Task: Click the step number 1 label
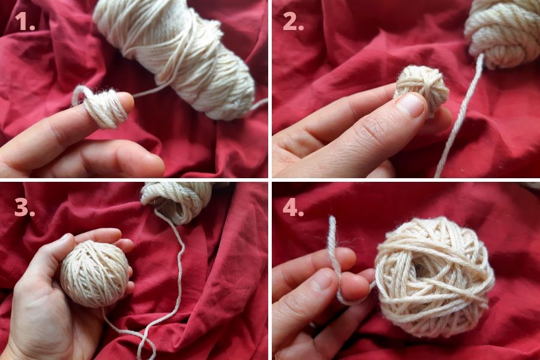pos(25,22)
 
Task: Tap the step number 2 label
pos(293,22)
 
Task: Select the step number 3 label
pos(25,208)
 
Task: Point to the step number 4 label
pos(293,208)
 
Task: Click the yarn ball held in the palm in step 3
pos(95,274)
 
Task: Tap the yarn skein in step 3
pos(178,202)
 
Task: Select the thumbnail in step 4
pos(322,280)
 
